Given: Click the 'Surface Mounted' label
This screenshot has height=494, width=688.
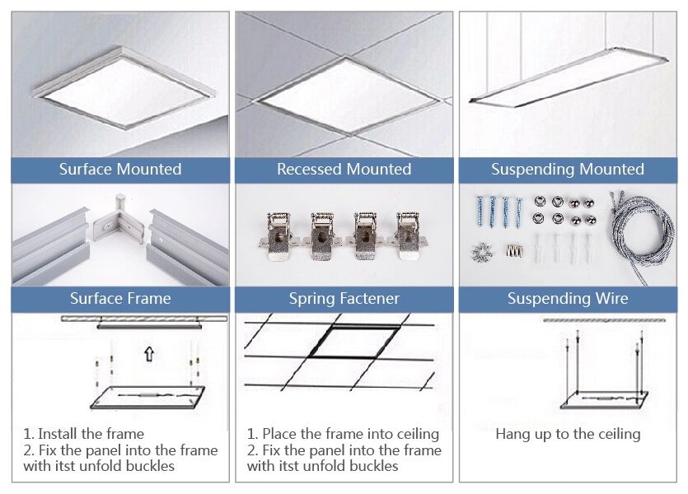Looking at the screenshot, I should pos(120,170).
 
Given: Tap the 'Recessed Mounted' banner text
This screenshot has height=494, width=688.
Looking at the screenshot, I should pos(344,170).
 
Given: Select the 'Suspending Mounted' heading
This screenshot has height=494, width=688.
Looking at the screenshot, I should pos(568,170).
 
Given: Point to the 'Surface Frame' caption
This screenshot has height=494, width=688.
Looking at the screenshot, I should pos(120,298).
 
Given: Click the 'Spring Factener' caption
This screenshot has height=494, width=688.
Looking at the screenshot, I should pos(344,298).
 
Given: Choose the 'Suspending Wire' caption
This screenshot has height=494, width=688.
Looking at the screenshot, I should pos(568,298).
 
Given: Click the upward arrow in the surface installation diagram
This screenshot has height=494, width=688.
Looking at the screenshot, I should pos(148,355).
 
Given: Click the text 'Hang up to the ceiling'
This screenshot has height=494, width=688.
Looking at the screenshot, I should pos(568,434).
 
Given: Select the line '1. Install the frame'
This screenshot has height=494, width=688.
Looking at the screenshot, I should pos(83,434).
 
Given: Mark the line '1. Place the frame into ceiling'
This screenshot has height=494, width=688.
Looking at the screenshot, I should pos(343,434).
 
